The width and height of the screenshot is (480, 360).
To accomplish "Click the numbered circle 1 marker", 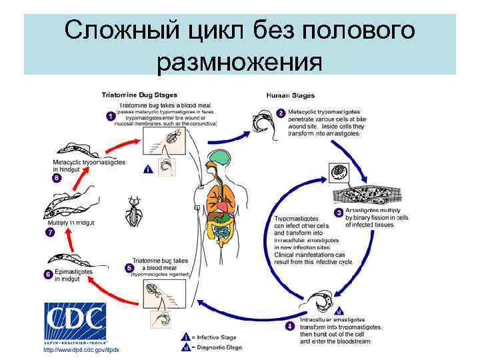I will [110, 116].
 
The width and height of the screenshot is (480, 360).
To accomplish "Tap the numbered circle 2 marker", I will [281, 113].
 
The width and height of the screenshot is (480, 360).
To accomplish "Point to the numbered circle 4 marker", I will [289, 326].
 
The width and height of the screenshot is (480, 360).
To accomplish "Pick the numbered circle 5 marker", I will [129, 267].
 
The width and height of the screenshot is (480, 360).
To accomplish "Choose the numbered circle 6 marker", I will [48, 273].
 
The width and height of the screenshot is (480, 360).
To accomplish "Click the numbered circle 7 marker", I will [49, 232].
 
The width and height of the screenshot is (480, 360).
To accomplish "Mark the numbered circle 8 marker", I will [57, 178].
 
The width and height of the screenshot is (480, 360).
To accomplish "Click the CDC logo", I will [75, 323].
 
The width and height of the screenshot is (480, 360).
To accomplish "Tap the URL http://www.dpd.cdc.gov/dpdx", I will [80, 349].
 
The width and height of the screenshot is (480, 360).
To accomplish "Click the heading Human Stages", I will [291, 95].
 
